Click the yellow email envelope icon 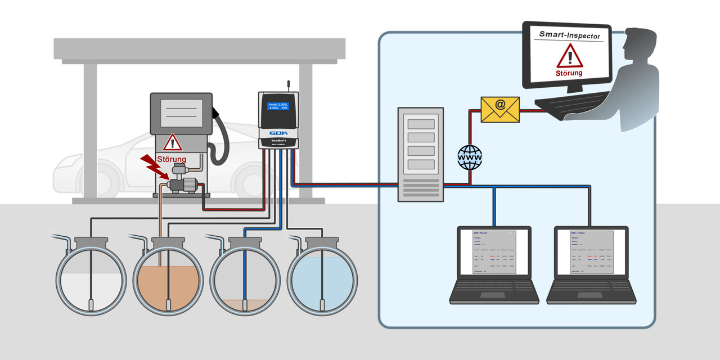coord(500,110)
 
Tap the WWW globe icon coord(470,157)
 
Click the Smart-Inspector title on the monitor coord(569,35)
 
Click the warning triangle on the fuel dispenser coord(173,142)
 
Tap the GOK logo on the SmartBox coord(278,134)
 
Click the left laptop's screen coord(494,253)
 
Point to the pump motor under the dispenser coord(186,183)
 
